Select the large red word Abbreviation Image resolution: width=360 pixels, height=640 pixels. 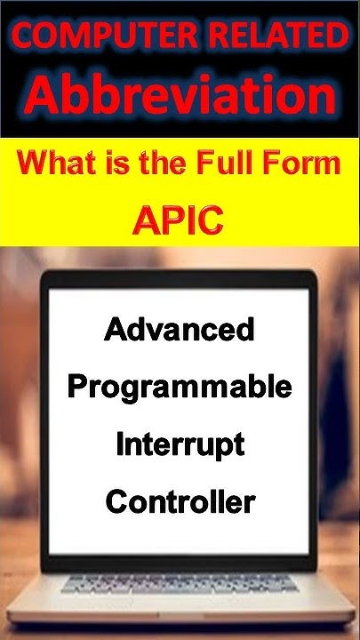click(180, 94)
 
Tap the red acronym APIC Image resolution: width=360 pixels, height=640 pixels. click(178, 220)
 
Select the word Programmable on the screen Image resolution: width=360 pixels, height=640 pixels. click(180, 388)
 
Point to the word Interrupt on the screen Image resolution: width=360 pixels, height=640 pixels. click(180, 445)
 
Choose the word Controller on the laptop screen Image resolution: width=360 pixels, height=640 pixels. click(180, 502)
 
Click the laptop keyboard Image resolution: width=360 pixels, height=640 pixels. click(178, 587)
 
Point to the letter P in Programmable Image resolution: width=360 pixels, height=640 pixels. click(78, 388)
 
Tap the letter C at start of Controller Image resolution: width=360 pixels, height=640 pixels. click(116, 502)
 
